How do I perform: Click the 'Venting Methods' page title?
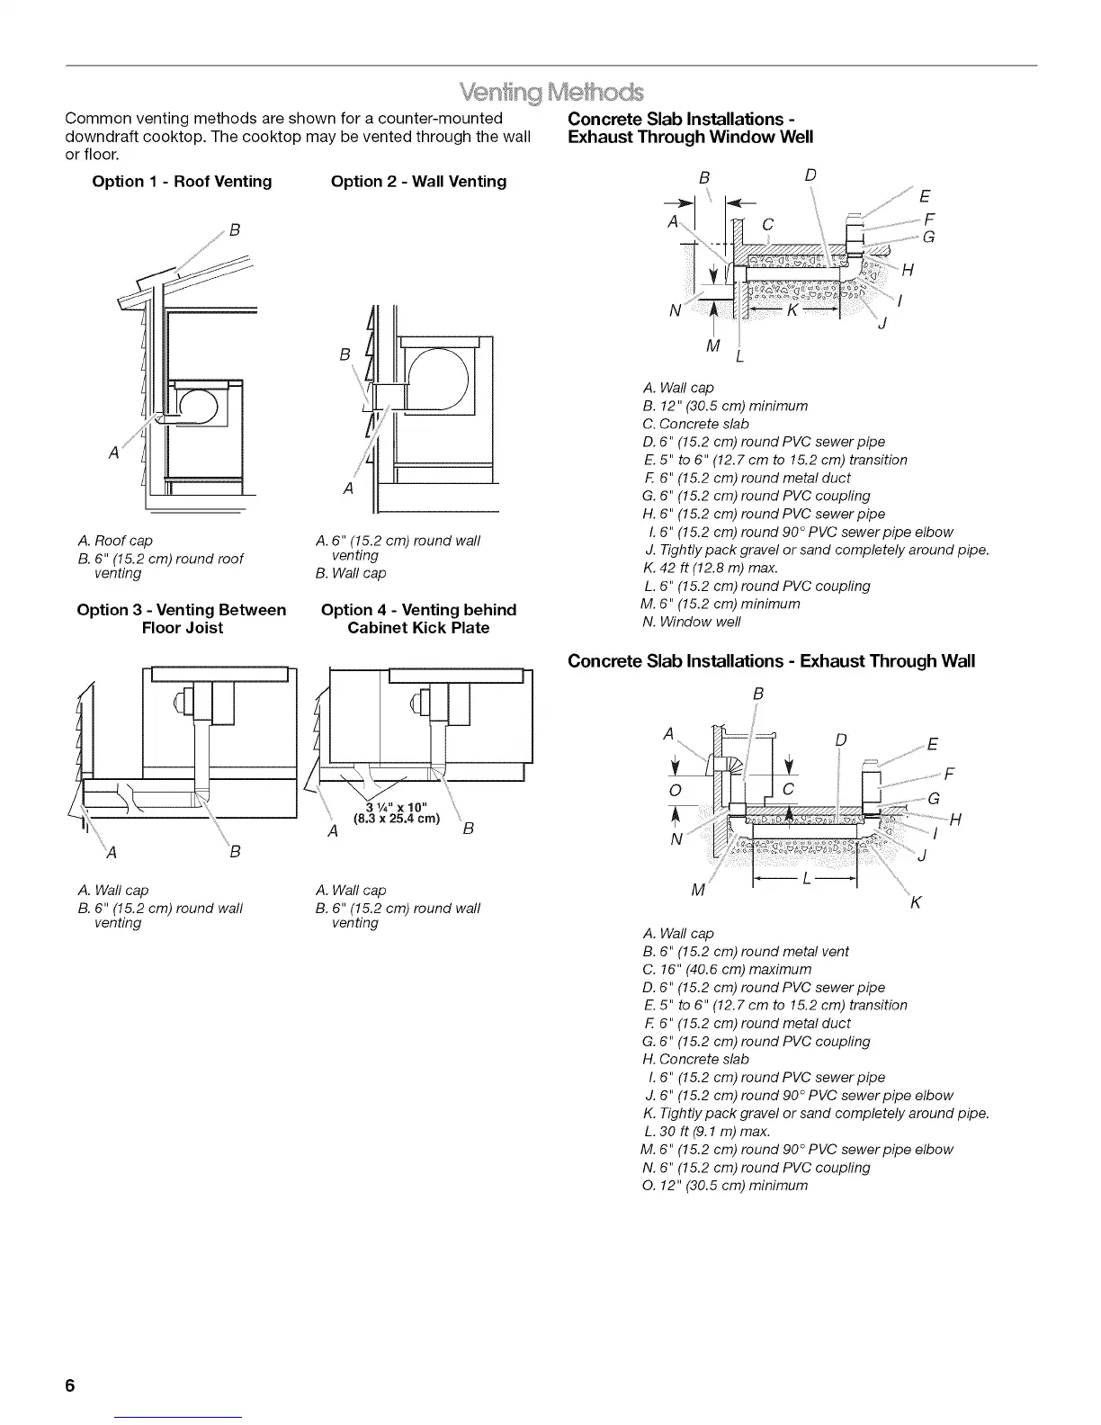(x=551, y=93)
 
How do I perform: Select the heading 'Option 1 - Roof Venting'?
(x=182, y=182)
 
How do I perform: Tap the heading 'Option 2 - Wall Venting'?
(x=418, y=182)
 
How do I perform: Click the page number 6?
(x=69, y=1385)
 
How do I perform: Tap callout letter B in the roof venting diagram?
(x=235, y=229)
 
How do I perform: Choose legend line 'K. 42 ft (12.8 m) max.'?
(x=711, y=568)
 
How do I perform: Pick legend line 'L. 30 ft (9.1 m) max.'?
(x=706, y=1131)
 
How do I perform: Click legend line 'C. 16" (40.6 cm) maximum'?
(x=727, y=969)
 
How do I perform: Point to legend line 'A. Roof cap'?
(x=115, y=541)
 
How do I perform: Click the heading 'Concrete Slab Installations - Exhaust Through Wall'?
(x=771, y=662)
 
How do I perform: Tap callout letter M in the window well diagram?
(x=713, y=345)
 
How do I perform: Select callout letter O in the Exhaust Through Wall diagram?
(x=676, y=790)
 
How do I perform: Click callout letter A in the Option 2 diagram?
(x=348, y=488)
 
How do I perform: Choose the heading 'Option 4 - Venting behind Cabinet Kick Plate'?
(x=418, y=619)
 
